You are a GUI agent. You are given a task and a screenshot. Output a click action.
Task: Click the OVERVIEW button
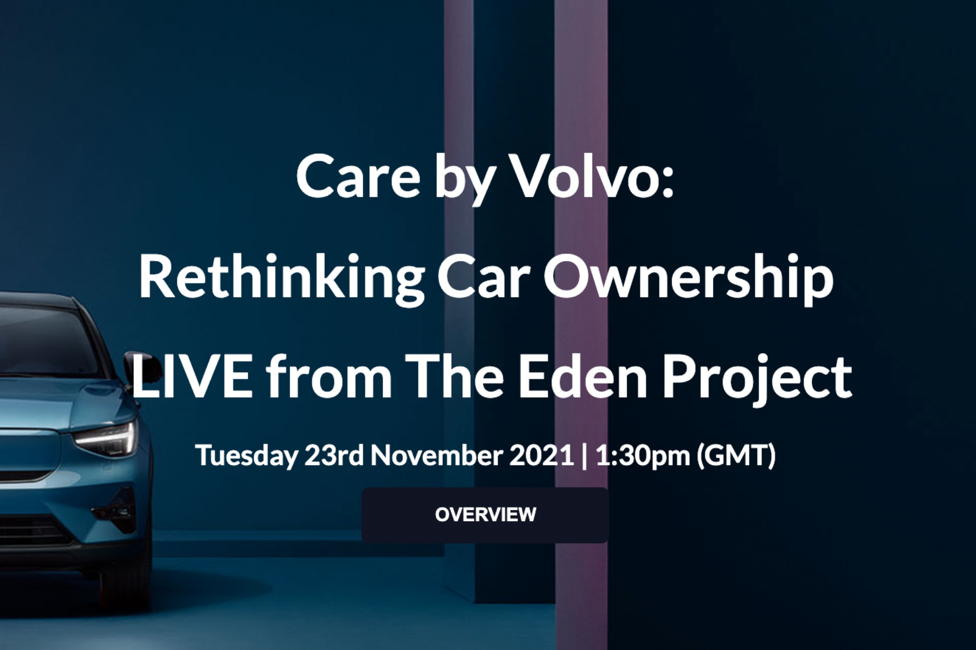tap(485, 515)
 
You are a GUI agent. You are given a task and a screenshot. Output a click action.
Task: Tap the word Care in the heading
tap(358, 177)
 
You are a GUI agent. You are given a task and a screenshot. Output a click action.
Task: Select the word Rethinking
tap(281, 277)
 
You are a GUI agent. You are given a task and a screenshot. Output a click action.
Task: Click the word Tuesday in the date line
tap(246, 455)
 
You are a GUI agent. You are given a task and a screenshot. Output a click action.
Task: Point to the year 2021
tap(541, 455)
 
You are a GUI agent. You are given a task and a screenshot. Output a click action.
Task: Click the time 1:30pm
tap(643, 455)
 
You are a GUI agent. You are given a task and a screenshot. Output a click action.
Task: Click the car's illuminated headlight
tap(108, 436)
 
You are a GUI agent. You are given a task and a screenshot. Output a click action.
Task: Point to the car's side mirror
tap(142, 366)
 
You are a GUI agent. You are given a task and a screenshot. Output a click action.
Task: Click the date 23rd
tap(333, 455)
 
